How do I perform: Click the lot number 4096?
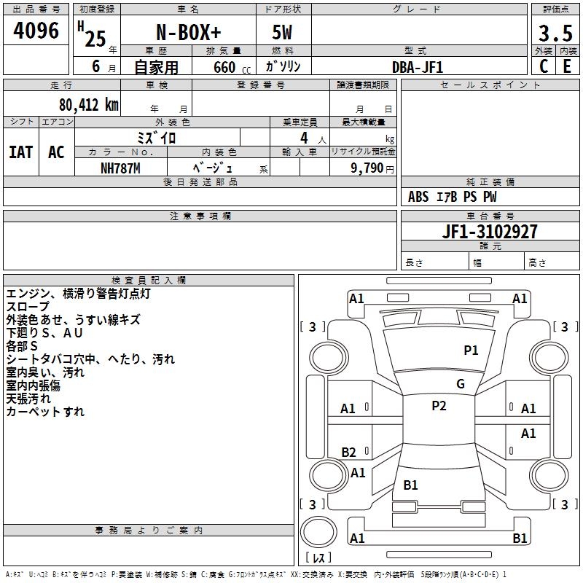[36, 31]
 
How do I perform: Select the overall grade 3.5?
[554, 33]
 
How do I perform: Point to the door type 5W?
[283, 34]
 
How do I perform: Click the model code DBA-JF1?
[418, 66]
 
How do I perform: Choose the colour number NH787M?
[121, 168]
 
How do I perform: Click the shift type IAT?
[21, 152]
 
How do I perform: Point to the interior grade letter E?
[567, 66]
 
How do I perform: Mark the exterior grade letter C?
[543, 66]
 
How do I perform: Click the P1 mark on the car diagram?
[472, 351]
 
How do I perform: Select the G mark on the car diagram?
[461, 384]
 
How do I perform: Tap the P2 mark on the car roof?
[439, 406]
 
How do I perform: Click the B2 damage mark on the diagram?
[349, 452]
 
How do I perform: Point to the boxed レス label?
[321, 558]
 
